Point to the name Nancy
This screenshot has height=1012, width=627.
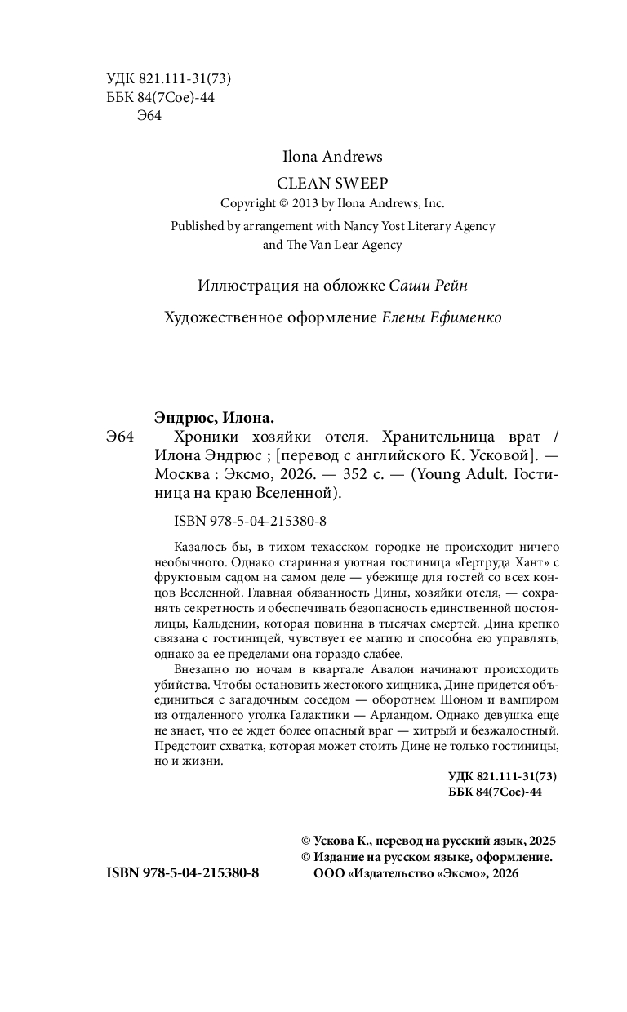[352, 226]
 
